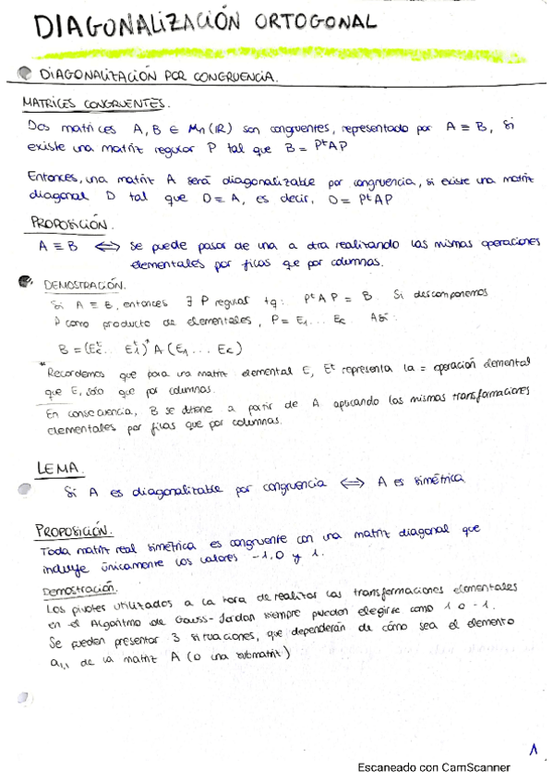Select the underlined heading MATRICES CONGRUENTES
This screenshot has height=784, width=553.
pyautogui.click(x=95, y=104)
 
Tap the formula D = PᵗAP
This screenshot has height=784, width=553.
pyautogui.click(x=368, y=195)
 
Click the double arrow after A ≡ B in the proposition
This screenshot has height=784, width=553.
pyautogui.click(x=108, y=247)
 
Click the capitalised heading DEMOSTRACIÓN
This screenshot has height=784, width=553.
pyautogui.click(x=84, y=286)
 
